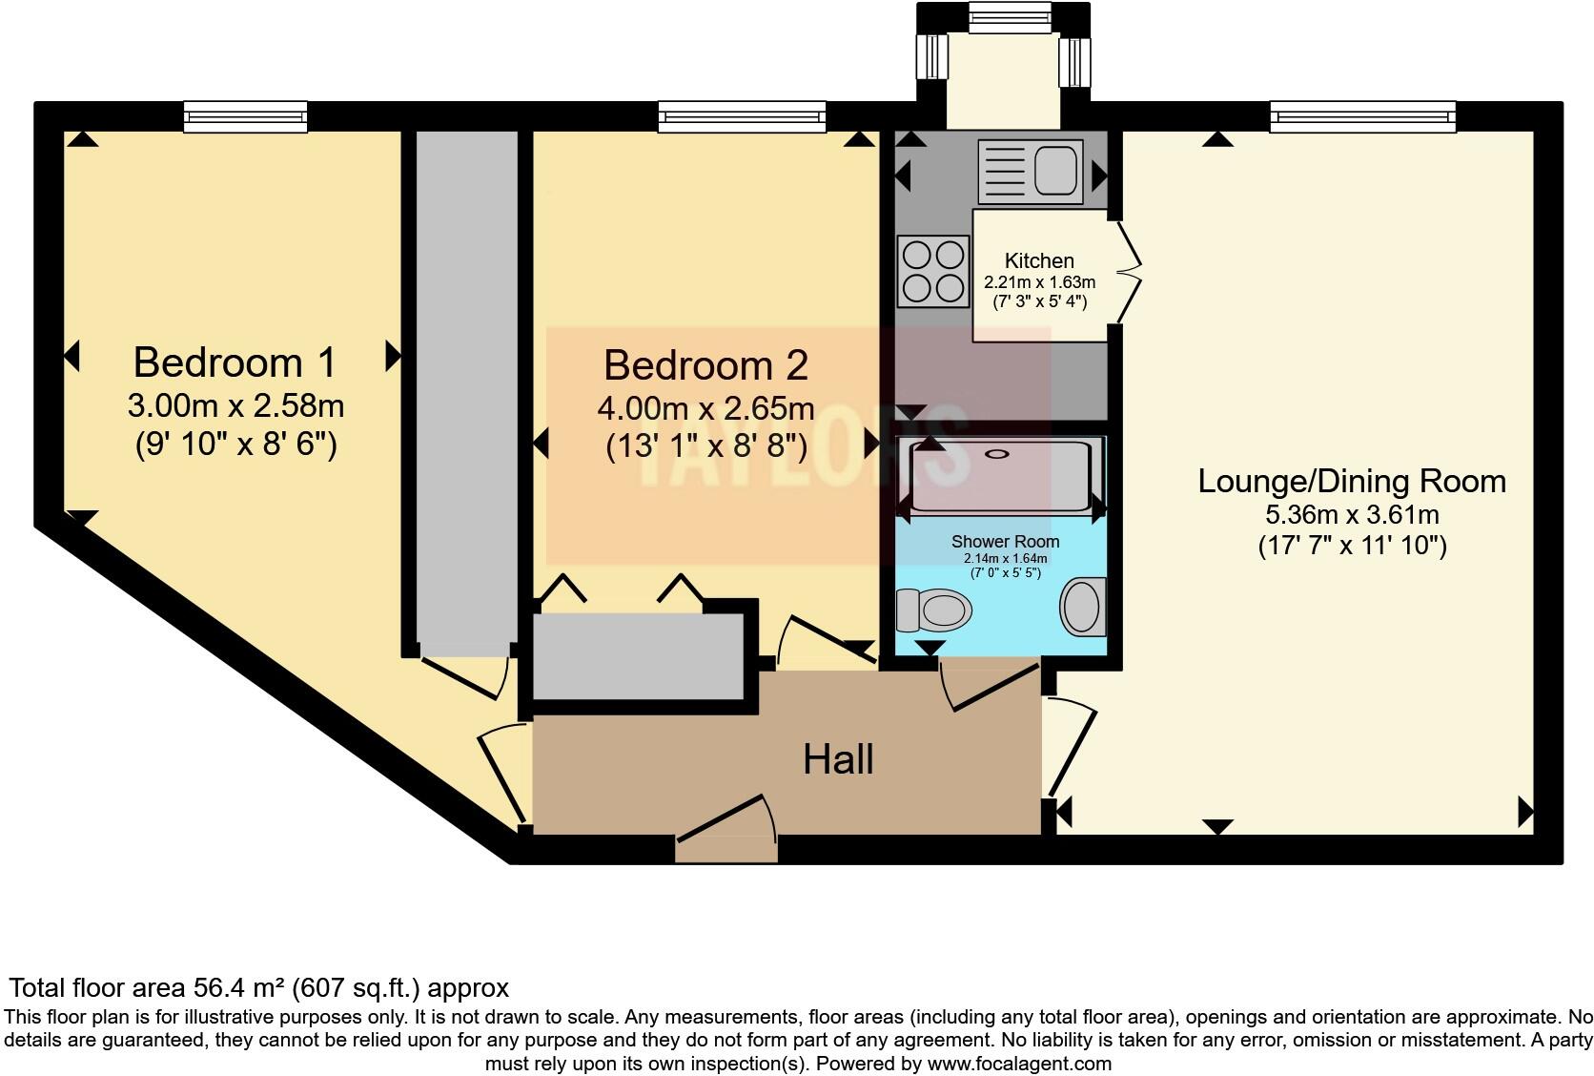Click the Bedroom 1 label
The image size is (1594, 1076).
(235, 362)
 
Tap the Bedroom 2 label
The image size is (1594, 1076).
(705, 365)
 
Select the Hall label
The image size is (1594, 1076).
(838, 759)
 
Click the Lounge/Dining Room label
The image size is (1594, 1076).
(1351, 481)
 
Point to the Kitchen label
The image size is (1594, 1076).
(1039, 260)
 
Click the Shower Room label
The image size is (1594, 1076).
(1005, 541)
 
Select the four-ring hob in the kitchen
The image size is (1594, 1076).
(933, 271)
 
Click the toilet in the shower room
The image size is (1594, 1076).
(933, 609)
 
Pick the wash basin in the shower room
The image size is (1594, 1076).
(1082, 607)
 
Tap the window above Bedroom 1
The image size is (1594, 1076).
(246, 116)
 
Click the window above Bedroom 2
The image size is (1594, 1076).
(741, 116)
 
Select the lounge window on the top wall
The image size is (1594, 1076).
(1362, 116)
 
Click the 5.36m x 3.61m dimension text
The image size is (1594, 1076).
(1351, 515)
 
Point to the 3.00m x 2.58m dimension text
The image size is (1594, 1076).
(235, 406)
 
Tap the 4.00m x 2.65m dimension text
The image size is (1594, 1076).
(705, 409)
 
